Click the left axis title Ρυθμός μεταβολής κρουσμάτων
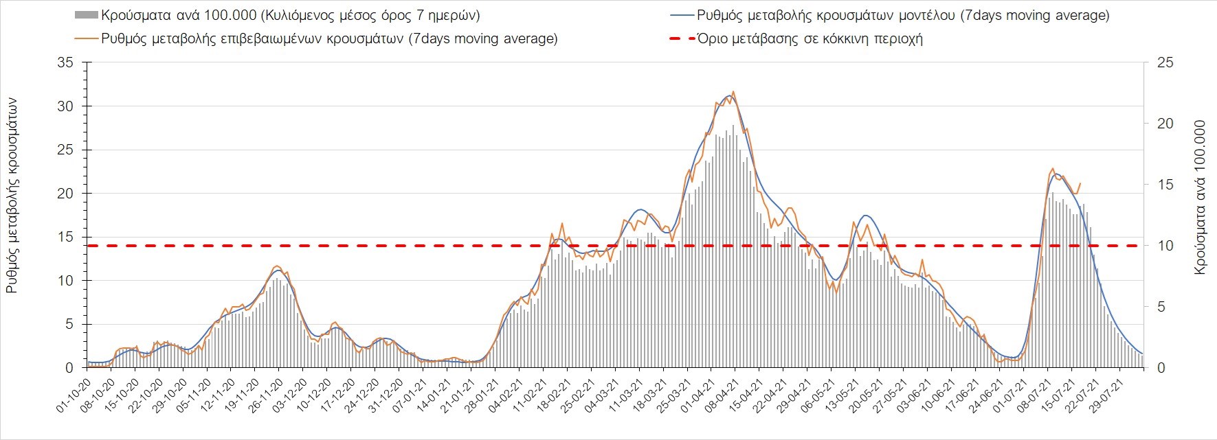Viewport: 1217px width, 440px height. (12, 195)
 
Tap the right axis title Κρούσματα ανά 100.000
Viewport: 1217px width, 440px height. (1201, 198)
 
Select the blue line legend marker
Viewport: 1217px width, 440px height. (681, 15)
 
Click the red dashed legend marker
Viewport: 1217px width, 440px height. (681, 38)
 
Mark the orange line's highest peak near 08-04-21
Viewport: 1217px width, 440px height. (733, 91)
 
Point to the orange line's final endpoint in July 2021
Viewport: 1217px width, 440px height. (1080, 183)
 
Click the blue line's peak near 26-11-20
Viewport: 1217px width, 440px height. (277, 270)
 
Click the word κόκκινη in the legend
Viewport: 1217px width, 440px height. (846, 38)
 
